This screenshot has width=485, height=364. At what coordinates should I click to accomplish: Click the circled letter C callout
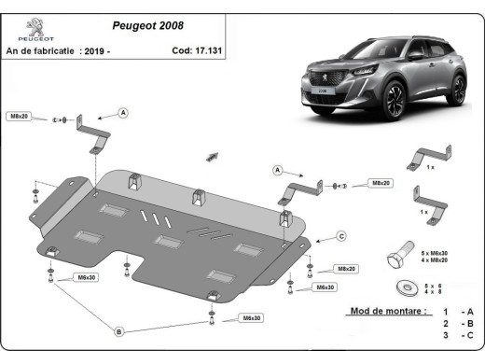[341, 235]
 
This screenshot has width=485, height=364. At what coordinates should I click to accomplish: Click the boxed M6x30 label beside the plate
[87, 277]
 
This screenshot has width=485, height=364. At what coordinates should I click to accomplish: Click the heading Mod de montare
[387, 311]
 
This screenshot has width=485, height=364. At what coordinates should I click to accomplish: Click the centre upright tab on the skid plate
[198, 198]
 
